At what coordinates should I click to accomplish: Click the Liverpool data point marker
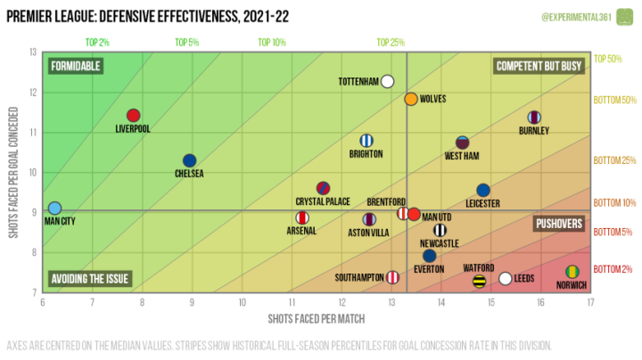134,115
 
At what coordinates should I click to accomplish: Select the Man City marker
55,209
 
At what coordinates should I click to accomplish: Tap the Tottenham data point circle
387,81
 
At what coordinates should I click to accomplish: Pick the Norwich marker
572,272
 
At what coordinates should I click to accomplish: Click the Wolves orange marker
410,99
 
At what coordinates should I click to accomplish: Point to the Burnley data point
534,117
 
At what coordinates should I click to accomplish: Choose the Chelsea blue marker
189,160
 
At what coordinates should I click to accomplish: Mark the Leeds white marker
506,278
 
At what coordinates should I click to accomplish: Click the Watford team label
479,266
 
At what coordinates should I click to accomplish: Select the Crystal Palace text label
323,201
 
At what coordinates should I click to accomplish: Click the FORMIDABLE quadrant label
76,66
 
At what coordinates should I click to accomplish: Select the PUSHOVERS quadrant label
559,224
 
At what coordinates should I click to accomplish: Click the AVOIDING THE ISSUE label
90,279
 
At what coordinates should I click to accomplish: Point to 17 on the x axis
590,302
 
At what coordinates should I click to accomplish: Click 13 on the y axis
34,52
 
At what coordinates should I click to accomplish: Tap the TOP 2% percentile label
97,42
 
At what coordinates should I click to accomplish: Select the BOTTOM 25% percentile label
614,160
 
